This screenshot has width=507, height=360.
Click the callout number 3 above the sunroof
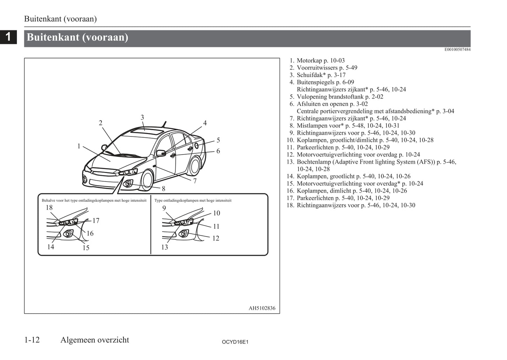142,118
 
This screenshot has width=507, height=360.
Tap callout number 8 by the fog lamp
164,189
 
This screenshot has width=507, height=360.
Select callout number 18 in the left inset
49,208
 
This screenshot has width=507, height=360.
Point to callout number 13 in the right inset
165,247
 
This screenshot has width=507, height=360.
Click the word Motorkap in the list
309,61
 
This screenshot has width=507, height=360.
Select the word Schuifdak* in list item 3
311,75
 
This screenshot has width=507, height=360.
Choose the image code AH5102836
262,308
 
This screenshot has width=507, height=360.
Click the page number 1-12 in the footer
32,340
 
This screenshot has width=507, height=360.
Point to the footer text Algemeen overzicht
95,340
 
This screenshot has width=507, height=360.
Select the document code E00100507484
457,49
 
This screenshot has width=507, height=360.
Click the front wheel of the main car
147,180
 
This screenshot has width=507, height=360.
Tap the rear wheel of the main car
194,166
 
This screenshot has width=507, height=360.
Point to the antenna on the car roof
164,124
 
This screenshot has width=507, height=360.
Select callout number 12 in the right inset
216,239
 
